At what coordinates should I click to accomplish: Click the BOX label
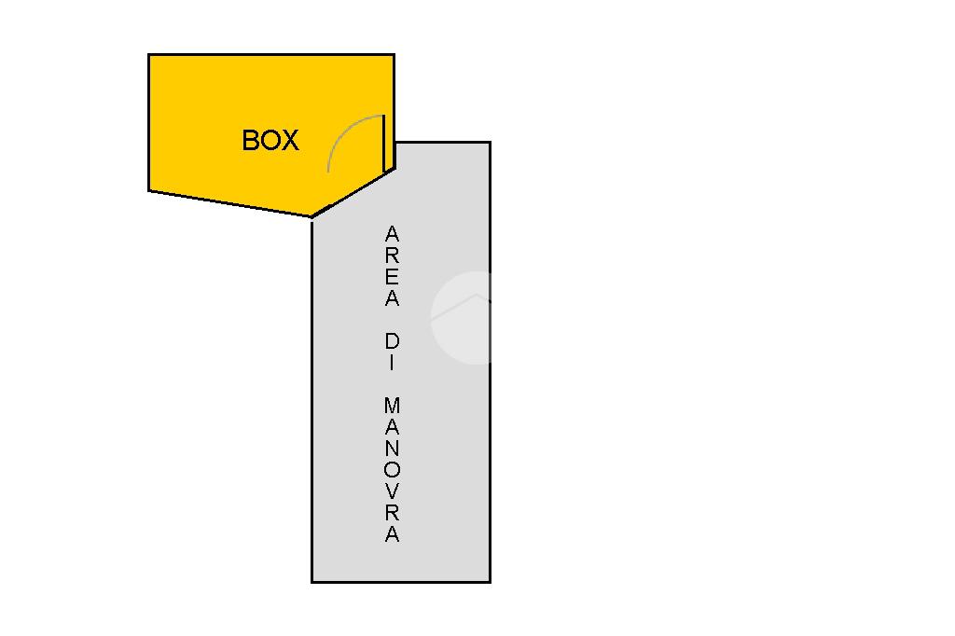[x=270, y=141]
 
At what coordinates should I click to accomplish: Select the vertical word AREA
[x=393, y=266]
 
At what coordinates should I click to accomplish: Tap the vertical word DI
[x=393, y=353]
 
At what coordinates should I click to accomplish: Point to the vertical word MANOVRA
[x=393, y=470]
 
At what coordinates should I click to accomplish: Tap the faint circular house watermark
[x=461, y=317]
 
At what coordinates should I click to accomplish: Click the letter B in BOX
[x=251, y=141]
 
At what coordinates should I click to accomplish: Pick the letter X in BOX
[x=290, y=141]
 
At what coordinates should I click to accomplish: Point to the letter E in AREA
[x=393, y=276]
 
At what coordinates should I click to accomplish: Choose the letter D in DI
[x=393, y=341]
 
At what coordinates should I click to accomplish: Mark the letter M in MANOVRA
[x=393, y=406]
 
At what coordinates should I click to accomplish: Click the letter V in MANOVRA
[x=393, y=491]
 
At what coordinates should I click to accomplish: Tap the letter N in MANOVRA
[x=393, y=449]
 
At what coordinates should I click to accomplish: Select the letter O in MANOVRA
[x=393, y=470]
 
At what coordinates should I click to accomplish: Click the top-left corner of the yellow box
[x=149, y=55]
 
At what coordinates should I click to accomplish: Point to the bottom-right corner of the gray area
[x=490, y=581]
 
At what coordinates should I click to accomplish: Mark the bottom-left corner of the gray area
[x=312, y=581]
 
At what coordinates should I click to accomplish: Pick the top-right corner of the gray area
[x=490, y=143]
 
